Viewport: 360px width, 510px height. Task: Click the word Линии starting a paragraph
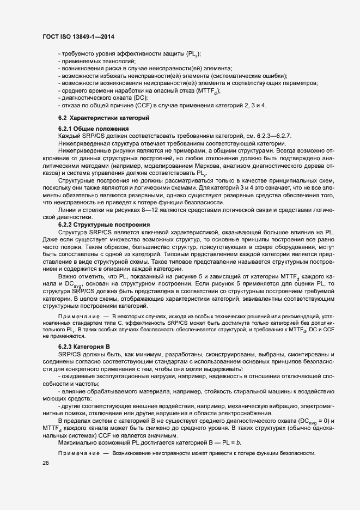[68, 210]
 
